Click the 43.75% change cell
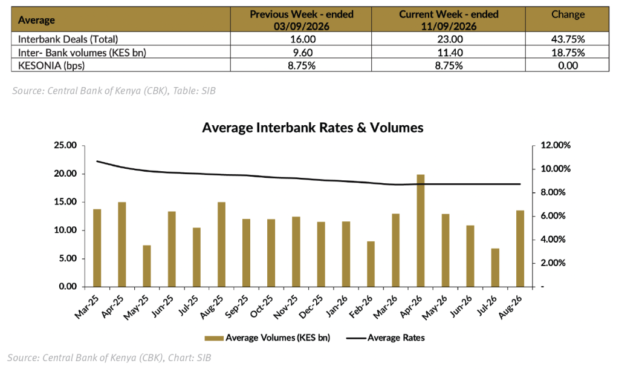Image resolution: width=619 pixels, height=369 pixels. pos(568,39)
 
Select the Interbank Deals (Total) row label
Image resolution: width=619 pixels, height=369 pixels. pos(68,39)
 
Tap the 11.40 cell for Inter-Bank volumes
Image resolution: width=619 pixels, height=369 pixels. pos(449,53)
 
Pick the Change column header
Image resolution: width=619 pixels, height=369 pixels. pos(568,15)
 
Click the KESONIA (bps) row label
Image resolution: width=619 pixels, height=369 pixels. pos(51,65)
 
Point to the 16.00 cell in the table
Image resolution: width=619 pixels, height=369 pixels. pos(302,39)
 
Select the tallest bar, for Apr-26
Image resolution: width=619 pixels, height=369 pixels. pos(421,230)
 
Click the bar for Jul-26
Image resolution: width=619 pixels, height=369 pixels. pos(495,267)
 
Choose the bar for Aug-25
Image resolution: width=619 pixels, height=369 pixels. pos(221,244)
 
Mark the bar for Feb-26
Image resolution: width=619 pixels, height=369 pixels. pos(371,264)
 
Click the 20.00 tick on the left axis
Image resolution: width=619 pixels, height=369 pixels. pos(65,174)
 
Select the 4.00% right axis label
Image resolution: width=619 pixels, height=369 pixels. pos(553,240)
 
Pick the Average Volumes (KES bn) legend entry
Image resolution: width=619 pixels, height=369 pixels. pos(267,338)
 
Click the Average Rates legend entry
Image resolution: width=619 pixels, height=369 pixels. pos(385,338)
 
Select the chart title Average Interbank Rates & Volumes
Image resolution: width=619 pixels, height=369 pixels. pos(313,128)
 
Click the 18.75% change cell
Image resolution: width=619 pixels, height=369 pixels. pos(568,53)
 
